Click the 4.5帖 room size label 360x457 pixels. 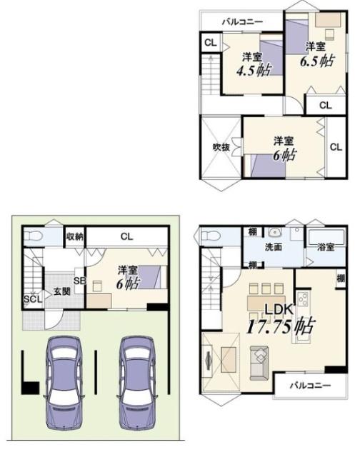254,70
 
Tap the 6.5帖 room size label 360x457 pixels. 317,61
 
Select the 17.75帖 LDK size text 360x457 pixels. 281,326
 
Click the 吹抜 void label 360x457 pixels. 221,147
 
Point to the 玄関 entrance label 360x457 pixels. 61,291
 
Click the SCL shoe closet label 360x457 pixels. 33,299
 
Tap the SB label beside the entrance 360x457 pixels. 80,281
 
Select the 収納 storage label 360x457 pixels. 75,236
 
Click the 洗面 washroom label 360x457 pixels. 273,247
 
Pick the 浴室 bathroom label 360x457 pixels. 326,247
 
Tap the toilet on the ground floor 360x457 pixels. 32,236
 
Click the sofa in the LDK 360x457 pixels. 259,363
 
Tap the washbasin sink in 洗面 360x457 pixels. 274,233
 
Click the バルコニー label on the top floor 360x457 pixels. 243,21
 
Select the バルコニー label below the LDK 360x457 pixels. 310,386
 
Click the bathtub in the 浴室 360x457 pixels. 326,236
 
